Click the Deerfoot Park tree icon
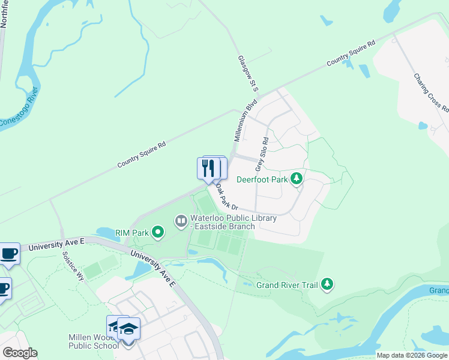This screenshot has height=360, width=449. (296, 178)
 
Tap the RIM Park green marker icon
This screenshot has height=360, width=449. (158, 232)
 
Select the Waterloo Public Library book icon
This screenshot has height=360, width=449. (181, 221)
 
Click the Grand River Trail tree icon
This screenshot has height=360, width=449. (327, 284)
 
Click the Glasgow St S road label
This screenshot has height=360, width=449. (248, 74)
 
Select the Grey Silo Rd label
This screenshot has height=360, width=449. (263, 154)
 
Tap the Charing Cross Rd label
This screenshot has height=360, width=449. (431, 92)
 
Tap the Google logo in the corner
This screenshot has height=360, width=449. (19, 353)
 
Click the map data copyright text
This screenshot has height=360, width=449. (412, 355)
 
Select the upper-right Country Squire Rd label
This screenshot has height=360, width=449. (351, 53)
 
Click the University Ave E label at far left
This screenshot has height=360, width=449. (56, 243)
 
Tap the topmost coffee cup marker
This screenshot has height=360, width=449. (9, 253)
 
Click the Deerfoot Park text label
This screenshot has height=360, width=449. (263, 179)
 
